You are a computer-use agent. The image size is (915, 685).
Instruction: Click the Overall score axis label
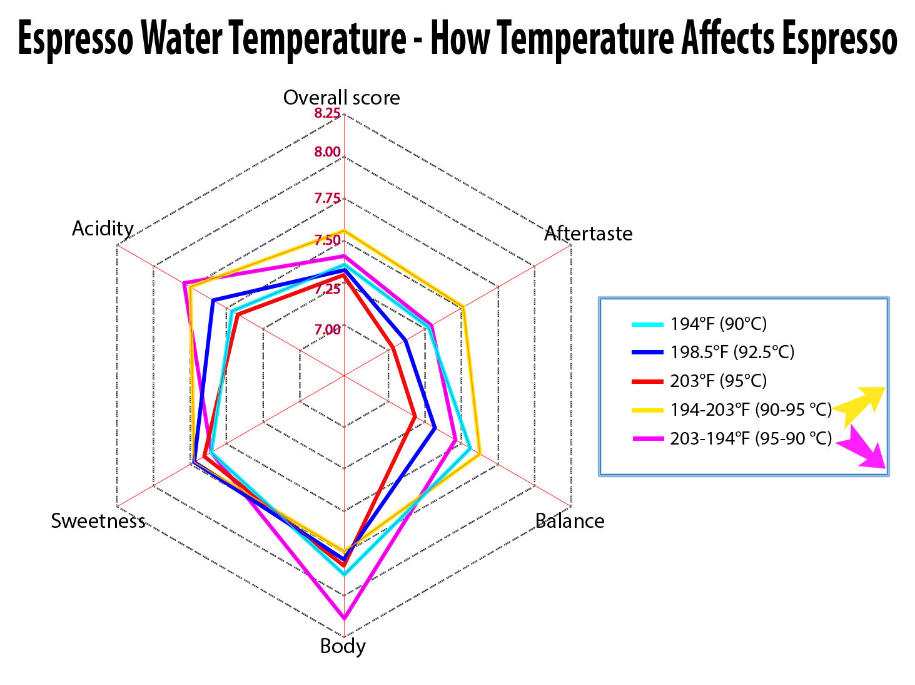pyautogui.click(x=341, y=98)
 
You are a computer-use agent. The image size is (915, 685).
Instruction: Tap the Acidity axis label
pyautogui.click(x=103, y=228)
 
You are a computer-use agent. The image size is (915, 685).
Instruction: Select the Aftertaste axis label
pyautogui.click(x=588, y=233)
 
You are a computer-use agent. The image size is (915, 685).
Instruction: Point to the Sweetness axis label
pyautogui.click(x=98, y=520)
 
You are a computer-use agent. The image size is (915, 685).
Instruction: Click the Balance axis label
pyautogui.click(x=570, y=521)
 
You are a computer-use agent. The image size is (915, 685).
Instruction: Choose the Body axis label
pyautogui.click(x=343, y=646)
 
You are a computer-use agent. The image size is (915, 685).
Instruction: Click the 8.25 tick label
pyautogui.click(x=327, y=113)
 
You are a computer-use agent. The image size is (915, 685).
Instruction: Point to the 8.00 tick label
pyautogui.click(x=327, y=152)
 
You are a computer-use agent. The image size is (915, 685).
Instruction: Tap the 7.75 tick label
pyautogui.click(x=327, y=198)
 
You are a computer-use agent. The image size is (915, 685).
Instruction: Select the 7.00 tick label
pyautogui.click(x=327, y=329)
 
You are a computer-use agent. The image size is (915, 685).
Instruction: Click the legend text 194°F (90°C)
pyautogui.click(x=718, y=324)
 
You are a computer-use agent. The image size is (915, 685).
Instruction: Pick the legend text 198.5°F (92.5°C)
pyautogui.click(x=732, y=352)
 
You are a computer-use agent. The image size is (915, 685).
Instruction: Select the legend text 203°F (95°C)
pyautogui.click(x=718, y=381)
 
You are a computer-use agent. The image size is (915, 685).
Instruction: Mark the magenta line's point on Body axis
pyautogui.click(x=344, y=618)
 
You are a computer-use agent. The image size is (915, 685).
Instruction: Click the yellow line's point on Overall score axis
pyautogui.click(x=344, y=231)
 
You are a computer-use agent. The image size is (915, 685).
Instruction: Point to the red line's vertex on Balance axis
pyautogui.click(x=415, y=416)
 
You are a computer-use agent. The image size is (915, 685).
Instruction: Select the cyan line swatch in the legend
pyautogui.click(x=647, y=324)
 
